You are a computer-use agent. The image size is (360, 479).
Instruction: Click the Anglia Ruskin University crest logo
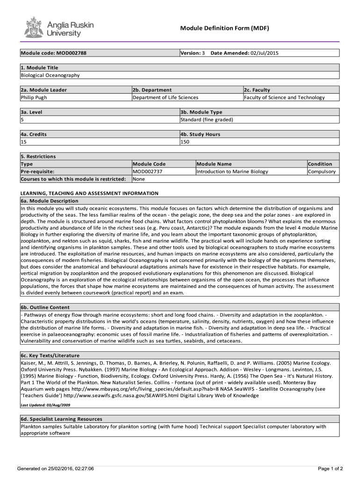pos(34,27)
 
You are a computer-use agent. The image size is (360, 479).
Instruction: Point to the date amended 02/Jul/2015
pos(265,53)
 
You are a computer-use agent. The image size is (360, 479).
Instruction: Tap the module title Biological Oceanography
pos(50,75)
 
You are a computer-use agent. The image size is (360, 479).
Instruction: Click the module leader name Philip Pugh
pos(34,97)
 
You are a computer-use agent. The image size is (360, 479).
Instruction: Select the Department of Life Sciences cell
pos(166,97)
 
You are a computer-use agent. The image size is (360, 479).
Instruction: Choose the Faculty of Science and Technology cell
pos(284,97)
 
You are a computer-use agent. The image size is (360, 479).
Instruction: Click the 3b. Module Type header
pos(202,112)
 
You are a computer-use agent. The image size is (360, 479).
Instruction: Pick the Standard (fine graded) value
pos(207,120)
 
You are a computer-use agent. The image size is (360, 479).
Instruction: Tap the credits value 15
pos(23,142)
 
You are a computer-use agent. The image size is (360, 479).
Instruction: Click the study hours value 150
pos(185,142)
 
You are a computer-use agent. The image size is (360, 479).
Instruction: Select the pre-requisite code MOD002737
pos(148,172)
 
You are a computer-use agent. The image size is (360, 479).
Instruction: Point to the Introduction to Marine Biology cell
pos(232,172)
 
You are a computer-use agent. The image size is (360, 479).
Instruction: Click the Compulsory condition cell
pos(322,172)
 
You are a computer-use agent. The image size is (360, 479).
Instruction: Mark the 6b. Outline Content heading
pos(45,307)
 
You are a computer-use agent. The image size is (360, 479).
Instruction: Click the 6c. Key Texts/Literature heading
pos(50,356)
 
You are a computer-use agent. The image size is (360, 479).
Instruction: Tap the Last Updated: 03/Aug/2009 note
pos(45,405)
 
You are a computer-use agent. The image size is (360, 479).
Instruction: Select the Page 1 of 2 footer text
pos(331,468)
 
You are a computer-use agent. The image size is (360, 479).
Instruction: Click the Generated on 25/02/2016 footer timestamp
pos(55,468)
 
